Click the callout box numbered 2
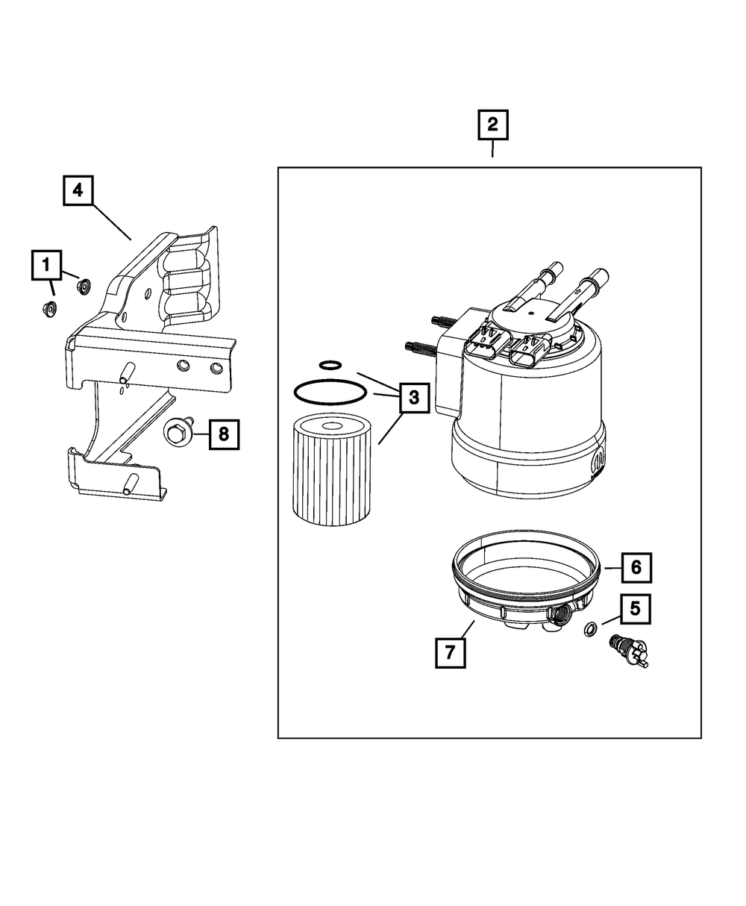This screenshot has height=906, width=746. point(492,125)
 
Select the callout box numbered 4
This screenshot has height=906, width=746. point(78,190)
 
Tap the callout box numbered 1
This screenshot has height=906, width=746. point(46,265)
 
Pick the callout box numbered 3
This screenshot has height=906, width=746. point(414,398)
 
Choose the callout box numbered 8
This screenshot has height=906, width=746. point(224,434)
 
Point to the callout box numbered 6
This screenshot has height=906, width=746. point(636,567)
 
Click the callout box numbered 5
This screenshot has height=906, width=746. point(636,609)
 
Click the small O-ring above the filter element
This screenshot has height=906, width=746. point(330,365)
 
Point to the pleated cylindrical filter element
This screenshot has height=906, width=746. point(332,469)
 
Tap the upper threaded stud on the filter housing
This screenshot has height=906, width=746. point(444,322)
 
